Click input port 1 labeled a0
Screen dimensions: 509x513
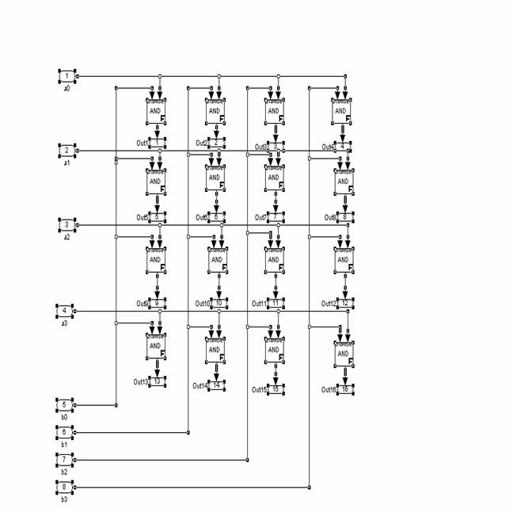[x=67, y=75]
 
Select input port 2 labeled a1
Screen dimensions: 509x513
[x=67, y=150]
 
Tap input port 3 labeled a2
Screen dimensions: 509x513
[x=67, y=224]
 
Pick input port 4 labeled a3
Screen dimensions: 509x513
[x=65, y=310]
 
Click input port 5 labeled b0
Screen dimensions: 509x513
[x=65, y=404]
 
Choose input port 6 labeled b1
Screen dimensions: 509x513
[x=65, y=432]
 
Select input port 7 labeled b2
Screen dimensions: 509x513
[x=65, y=459]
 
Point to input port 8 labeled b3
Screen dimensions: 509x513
[x=65, y=486]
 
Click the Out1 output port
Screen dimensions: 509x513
[x=157, y=142]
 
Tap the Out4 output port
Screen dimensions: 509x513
[x=343, y=146]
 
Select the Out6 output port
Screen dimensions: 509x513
[x=216, y=216]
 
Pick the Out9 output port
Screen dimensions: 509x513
[x=157, y=303]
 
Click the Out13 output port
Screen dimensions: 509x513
[x=157, y=381]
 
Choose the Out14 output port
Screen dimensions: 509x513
[x=216, y=385]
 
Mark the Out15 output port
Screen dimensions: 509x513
[x=275, y=389]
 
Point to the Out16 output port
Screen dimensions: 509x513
[x=344, y=389]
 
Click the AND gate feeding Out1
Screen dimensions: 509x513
[x=156, y=112]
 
